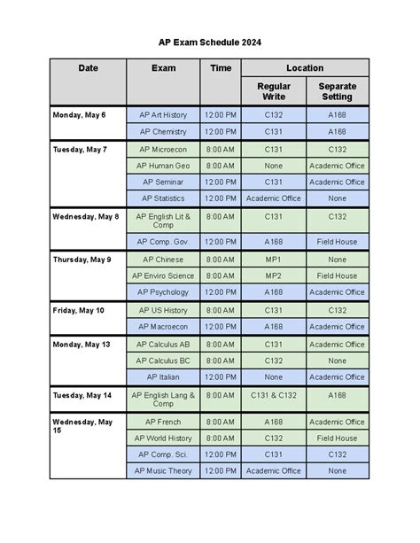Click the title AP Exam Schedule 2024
pos(210,42)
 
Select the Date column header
pos(88,68)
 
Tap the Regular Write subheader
pos(274,91)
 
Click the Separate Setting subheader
pos(337,91)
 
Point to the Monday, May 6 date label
pos(80,115)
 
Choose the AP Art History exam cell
pos(163,115)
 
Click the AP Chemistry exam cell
pos(163,132)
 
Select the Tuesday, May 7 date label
pos(80,150)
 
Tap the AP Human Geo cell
pos(163,166)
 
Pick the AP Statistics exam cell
pos(163,198)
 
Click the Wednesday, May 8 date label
pos(86,216)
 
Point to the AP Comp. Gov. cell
pos(163,241)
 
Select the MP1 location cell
pos(274,260)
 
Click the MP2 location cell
pos(274,275)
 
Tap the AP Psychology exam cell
pos(163,292)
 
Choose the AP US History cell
pos(163,311)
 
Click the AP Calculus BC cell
pos(163,361)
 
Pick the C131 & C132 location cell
pos(274,397)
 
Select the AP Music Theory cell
pos(163,471)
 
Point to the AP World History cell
pos(163,438)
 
